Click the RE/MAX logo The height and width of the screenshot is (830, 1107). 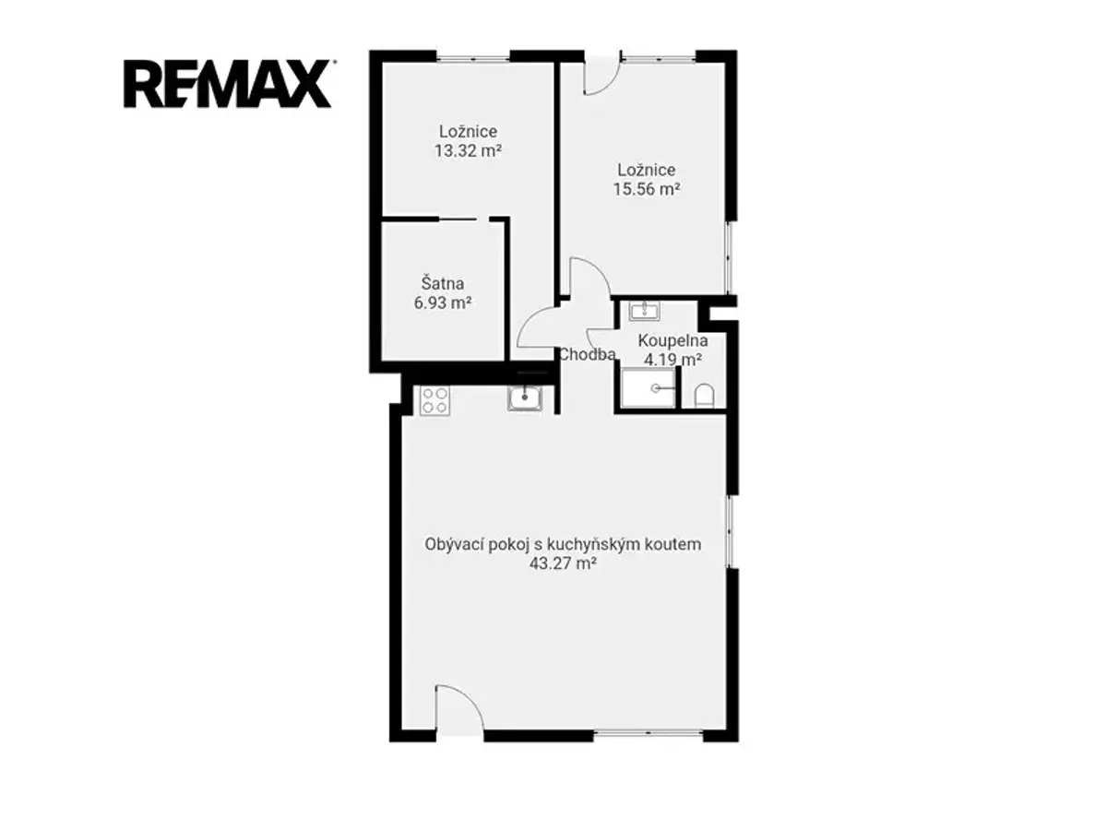(228, 84)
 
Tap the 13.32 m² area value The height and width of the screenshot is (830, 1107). (468, 150)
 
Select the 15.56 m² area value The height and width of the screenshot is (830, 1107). (647, 189)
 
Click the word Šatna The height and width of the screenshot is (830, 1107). (443, 283)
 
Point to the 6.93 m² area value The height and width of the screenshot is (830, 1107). (443, 302)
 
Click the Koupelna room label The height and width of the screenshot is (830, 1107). (673, 340)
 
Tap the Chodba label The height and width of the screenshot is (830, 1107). (588, 354)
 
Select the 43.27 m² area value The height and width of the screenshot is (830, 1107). (563, 563)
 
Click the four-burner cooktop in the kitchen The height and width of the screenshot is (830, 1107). (434, 400)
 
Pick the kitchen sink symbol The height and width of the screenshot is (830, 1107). (525, 398)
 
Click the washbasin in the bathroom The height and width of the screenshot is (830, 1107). (645, 311)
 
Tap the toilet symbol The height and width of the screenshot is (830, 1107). (704, 397)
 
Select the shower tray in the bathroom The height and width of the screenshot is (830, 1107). (649, 387)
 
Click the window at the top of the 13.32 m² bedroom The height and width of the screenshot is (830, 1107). (473, 56)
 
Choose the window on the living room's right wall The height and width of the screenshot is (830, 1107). (730, 531)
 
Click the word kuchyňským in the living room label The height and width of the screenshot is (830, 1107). (591, 545)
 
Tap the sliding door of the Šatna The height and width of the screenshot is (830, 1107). (457, 219)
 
